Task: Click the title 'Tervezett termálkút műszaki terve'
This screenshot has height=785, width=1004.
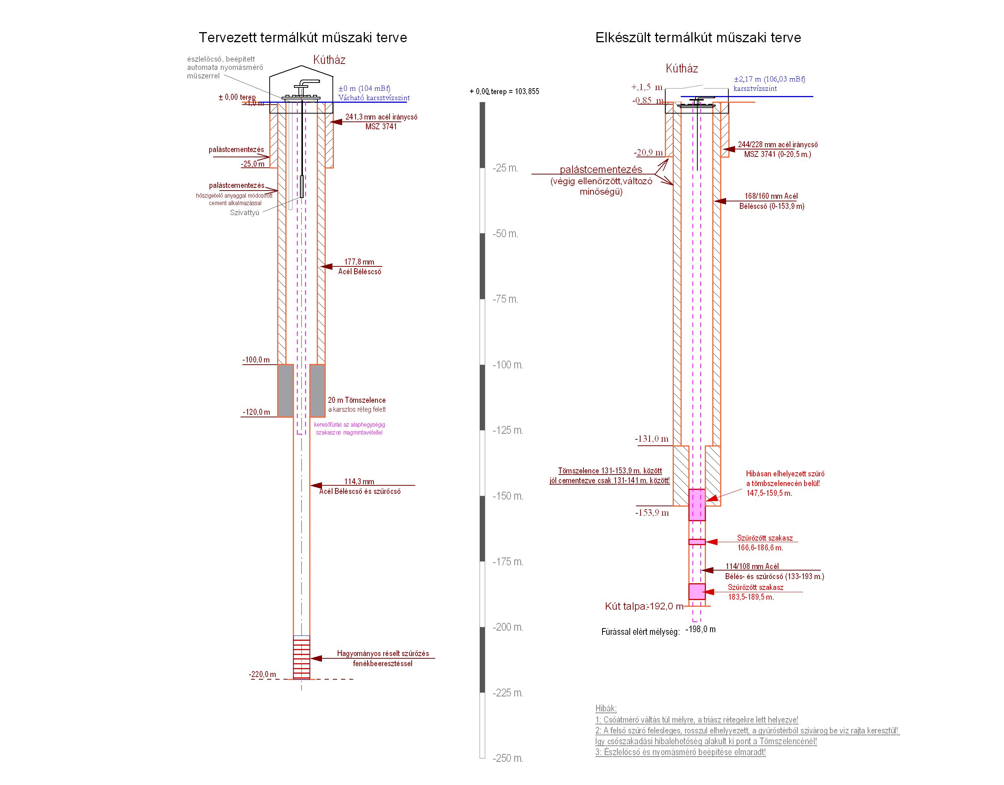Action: point(303,38)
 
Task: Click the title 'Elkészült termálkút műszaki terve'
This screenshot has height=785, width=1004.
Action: point(698,38)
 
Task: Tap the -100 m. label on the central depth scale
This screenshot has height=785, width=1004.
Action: point(508,365)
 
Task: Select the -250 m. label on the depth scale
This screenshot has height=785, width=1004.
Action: point(508,758)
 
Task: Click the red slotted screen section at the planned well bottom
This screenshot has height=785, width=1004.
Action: point(301,657)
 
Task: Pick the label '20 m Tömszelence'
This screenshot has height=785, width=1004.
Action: point(357,400)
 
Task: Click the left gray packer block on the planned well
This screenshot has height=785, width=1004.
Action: point(285,390)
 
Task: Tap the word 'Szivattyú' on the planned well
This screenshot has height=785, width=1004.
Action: point(245,213)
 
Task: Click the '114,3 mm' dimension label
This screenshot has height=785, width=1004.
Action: point(359,482)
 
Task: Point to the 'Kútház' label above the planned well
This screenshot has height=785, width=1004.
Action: point(329,60)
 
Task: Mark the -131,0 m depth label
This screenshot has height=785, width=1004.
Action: point(652,439)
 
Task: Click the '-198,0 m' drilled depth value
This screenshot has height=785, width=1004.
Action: point(700,629)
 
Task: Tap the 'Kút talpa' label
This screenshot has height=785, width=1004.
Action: point(626,606)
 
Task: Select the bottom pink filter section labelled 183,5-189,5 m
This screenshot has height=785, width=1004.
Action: point(697,591)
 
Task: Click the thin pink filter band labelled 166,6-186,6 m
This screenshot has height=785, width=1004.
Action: point(697,542)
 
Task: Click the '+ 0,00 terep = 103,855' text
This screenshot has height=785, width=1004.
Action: point(504,92)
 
